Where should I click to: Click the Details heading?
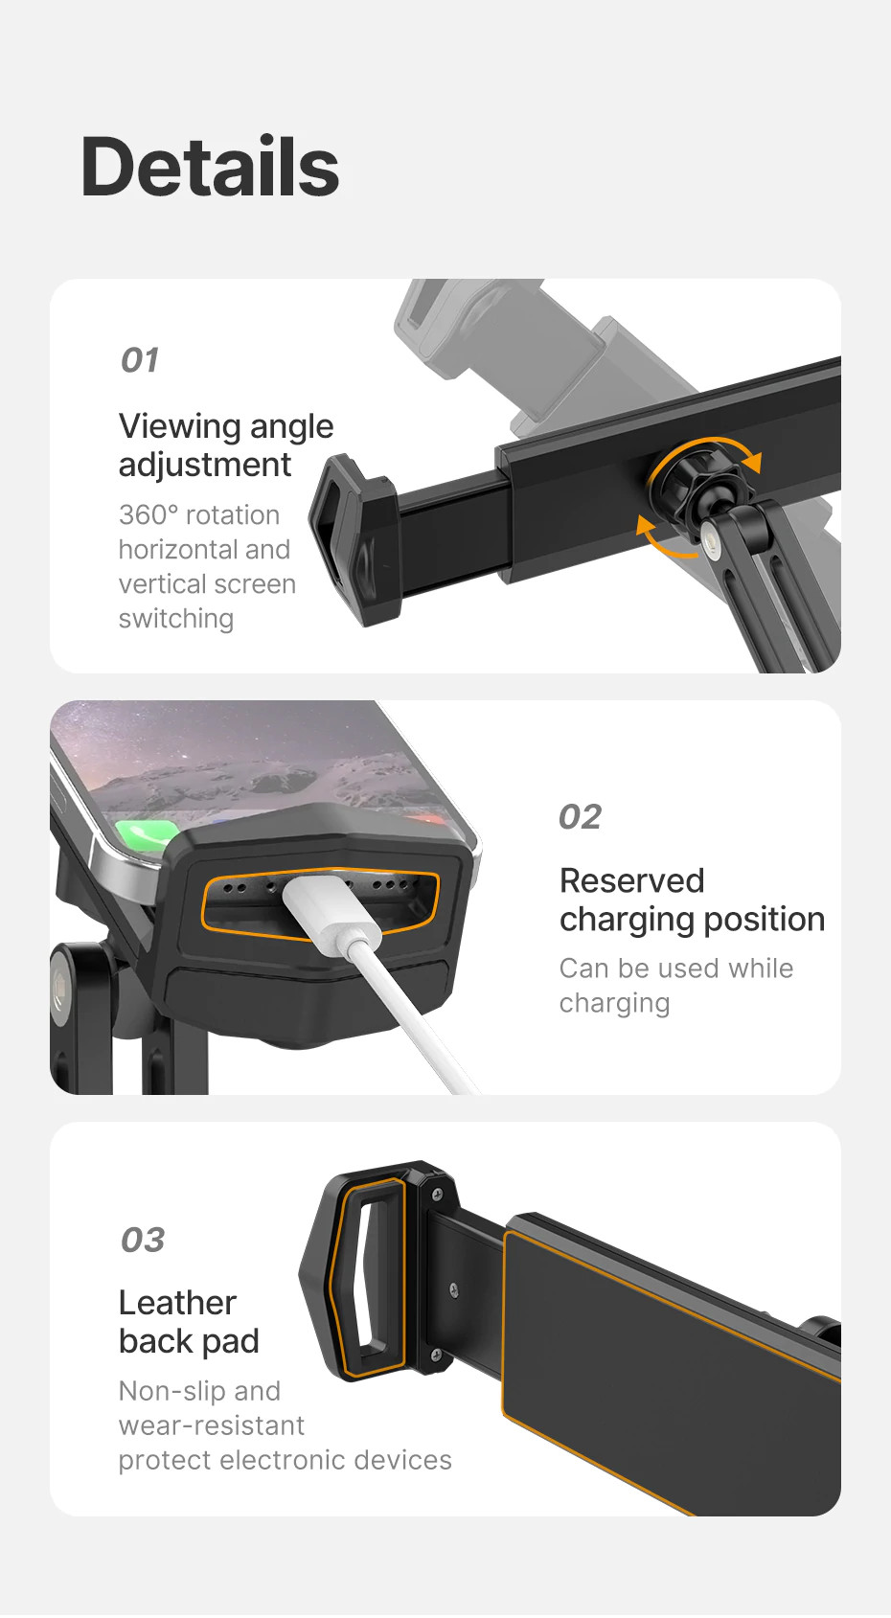click(210, 167)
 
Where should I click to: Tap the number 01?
click(140, 360)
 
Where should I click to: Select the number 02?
click(580, 817)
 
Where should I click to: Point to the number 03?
click(143, 1240)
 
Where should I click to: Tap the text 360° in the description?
click(148, 515)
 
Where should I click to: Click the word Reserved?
click(631, 880)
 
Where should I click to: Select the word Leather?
click(177, 1303)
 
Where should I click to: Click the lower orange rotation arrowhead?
click(647, 527)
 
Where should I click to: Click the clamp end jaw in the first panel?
click(354, 538)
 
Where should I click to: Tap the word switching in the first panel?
click(175, 619)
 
